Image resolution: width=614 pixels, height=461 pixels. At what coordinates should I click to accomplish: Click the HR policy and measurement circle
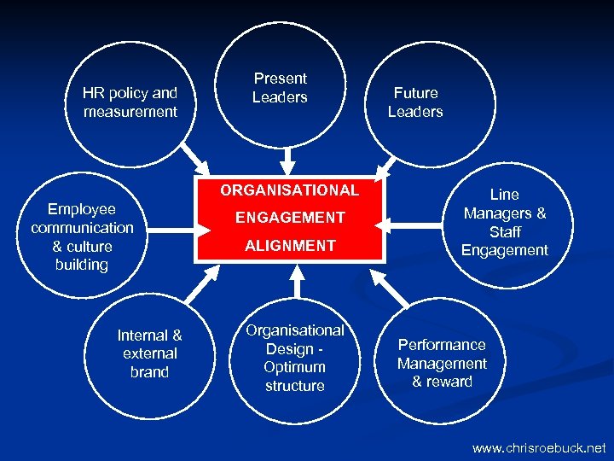(x=130, y=102)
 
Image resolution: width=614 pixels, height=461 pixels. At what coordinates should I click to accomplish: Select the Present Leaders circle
(x=280, y=87)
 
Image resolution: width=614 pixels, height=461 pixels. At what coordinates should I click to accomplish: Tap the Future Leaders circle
(x=415, y=102)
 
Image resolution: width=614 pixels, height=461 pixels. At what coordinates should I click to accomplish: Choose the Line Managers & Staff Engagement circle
(x=505, y=222)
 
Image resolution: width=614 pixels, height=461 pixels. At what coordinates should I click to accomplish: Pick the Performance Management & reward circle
(x=442, y=363)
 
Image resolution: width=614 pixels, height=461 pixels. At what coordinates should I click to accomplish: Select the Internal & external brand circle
(x=149, y=353)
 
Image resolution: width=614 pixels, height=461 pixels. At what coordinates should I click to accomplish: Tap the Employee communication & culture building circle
(x=82, y=236)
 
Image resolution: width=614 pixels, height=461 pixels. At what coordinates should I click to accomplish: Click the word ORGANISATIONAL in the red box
(x=290, y=190)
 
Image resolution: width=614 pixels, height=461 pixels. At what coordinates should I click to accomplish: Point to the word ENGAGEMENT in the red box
(x=290, y=218)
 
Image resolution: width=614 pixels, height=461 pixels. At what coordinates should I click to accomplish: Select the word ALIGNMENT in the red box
(x=290, y=246)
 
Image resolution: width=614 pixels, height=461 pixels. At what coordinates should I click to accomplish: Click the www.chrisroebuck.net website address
(x=539, y=447)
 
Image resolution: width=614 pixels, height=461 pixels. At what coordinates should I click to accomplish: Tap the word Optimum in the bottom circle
(x=294, y=367)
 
